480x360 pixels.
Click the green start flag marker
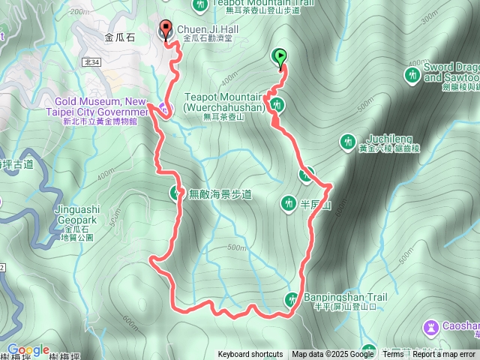coord(279,56)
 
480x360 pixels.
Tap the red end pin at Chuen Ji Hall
coord(166,31)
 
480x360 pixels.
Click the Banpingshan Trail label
coord(345,297)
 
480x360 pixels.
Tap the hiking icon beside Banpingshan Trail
coord(291,300)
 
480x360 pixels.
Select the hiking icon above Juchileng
coord(347,140)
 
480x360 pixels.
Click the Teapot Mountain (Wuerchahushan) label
coord(225,102)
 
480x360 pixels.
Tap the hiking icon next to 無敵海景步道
coord(175,194)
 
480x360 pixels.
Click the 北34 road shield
coord(91,63)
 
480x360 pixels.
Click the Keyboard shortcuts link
coord(250,355)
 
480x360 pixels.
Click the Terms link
coord(393,355)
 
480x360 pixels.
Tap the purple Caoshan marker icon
coord(431,327)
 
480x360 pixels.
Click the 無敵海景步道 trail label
coord(220,194)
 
